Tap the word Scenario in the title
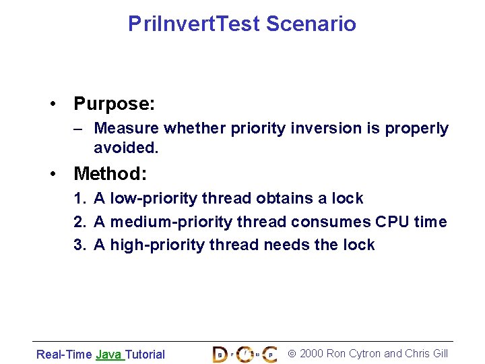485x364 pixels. tap(311, 24)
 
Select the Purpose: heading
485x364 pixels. tap(115, 104)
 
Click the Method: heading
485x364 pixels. tap(110, 174)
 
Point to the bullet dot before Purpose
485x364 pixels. tap(53, 104)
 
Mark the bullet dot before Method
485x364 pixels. tap(53, 175)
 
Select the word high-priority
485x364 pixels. tap(149, 245)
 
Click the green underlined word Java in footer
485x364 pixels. tap(108, 354)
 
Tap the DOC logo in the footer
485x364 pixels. tap(244, 353)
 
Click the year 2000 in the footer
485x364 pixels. tap(311, 353)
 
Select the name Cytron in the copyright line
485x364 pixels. tap(364, 353)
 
